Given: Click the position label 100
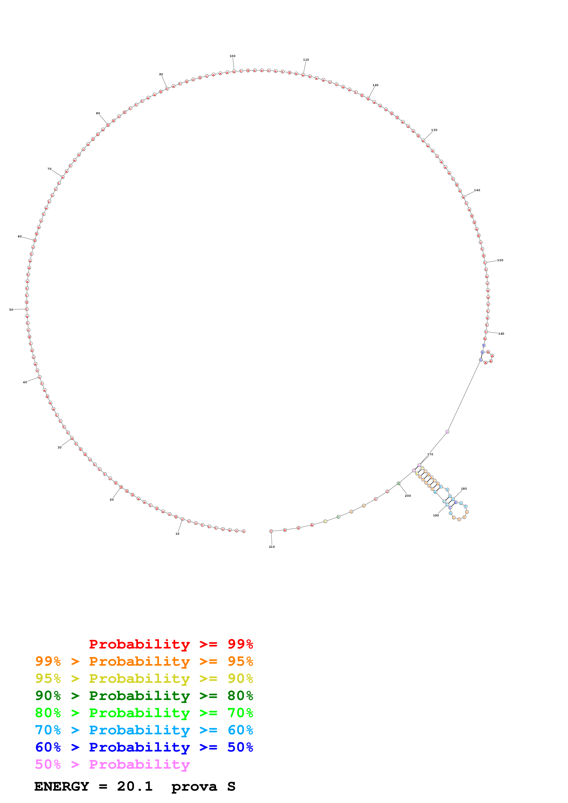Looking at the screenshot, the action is click(232, 56).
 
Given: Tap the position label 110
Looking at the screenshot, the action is click(306, 60).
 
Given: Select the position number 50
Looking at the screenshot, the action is click(11, 309).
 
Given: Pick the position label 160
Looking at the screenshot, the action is click(501, 334).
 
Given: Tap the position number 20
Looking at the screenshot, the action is click(112, 499).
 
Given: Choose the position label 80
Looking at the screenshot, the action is click(98, 113).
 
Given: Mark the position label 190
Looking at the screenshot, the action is click(436, 515).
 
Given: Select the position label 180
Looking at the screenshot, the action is click(464, 488).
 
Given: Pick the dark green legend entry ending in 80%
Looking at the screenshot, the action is click(144, 696).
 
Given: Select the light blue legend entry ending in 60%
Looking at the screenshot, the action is click(144, 730).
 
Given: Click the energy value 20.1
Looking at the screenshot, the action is click(135, 786).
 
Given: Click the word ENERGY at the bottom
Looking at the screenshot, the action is click(62, 786).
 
